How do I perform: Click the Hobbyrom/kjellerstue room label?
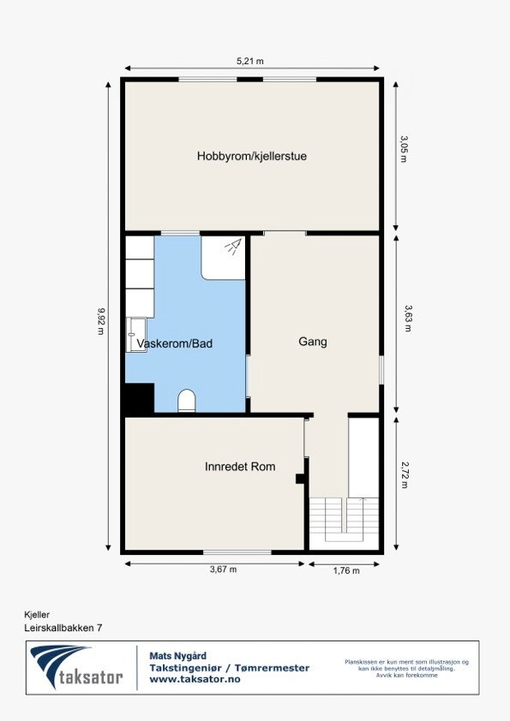click(252, 156)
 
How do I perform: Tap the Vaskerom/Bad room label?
click(175, 343)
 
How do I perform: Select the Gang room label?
click(313, 342)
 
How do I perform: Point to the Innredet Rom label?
click(240, 467)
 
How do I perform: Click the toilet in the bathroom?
click(187, 401)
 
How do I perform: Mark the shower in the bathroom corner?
click(224, 257)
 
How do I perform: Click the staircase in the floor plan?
click(345, 519)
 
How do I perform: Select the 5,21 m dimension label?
click(249, 61)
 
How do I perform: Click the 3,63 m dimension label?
click(405, 319)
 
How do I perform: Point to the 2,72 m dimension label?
click(405, 477)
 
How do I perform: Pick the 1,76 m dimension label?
click(345, 570)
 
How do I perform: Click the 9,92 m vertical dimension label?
click(100, 320)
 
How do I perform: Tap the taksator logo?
click(79, 669)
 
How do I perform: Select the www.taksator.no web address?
click(195, 679)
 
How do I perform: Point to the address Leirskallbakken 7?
click(63, 628)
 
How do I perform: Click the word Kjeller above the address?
click(37, 614)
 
